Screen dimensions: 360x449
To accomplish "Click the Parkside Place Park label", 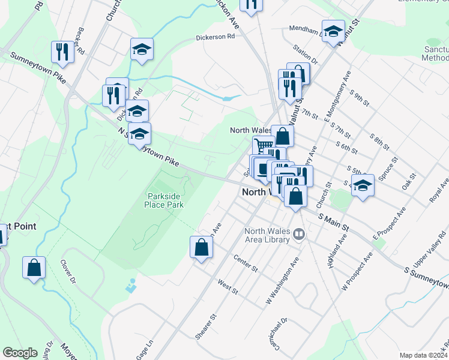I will [163, 200].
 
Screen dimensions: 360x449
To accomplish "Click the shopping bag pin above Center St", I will [202, 247].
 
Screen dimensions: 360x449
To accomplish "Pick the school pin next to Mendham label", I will [333, 31].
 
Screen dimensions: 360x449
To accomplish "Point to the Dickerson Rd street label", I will [215, 37].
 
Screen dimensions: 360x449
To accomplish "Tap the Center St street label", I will [246, 263].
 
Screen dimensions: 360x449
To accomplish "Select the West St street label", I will [228, 287].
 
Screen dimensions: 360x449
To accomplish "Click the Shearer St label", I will [205, 326].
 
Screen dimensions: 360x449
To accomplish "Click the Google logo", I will [20, 353].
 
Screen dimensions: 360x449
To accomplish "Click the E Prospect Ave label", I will [389, 223].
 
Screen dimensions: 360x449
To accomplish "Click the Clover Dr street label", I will [68, 271].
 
